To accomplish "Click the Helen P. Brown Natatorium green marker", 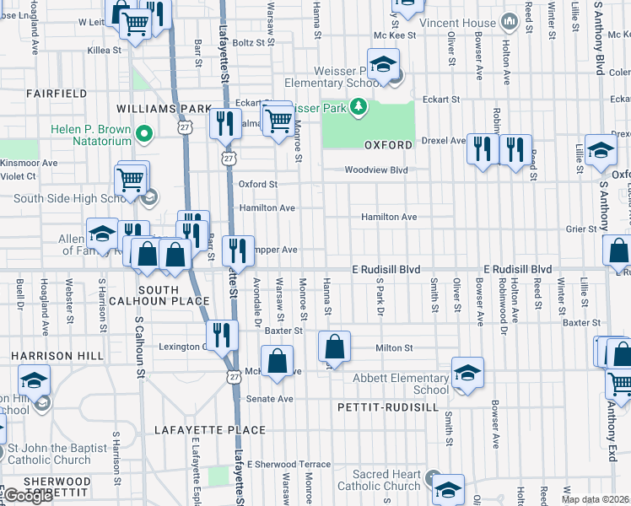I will [144, 133].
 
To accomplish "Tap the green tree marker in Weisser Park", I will [359, 106].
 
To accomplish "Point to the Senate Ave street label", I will [269, 398].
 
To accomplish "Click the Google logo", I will [28, 496].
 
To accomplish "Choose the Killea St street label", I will [104, 51].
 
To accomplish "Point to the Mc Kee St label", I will [391, 35].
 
